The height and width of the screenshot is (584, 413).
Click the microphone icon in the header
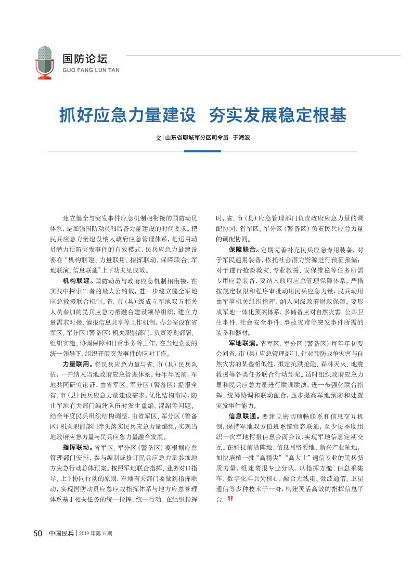click(x=45, y=62)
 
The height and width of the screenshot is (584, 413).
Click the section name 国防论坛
click(x=85, y=59)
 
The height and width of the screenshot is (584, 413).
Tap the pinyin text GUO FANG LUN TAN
click(x=91, y=70)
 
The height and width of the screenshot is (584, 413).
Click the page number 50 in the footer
click(x=37, y=534)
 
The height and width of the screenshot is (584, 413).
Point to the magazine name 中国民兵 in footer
click(x=61, y=534)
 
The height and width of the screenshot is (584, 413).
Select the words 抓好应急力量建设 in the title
click(x=128, y=115)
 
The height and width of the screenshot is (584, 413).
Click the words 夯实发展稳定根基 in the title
click(x=277, y=115)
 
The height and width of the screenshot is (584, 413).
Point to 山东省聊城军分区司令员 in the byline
click(x=197, y=138)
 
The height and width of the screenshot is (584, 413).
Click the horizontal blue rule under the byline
click(x=202, y=151)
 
